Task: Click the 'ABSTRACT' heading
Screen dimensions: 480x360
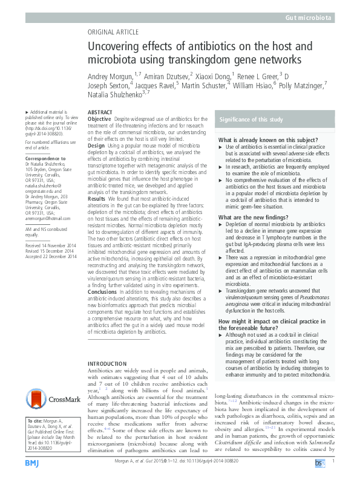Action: tap(100, 113)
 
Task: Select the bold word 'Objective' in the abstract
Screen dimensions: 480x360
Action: tap(99, 120)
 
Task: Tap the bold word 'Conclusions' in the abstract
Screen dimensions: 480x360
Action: tap(102, 291)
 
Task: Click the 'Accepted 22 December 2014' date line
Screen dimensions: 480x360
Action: tap(51, 273)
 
